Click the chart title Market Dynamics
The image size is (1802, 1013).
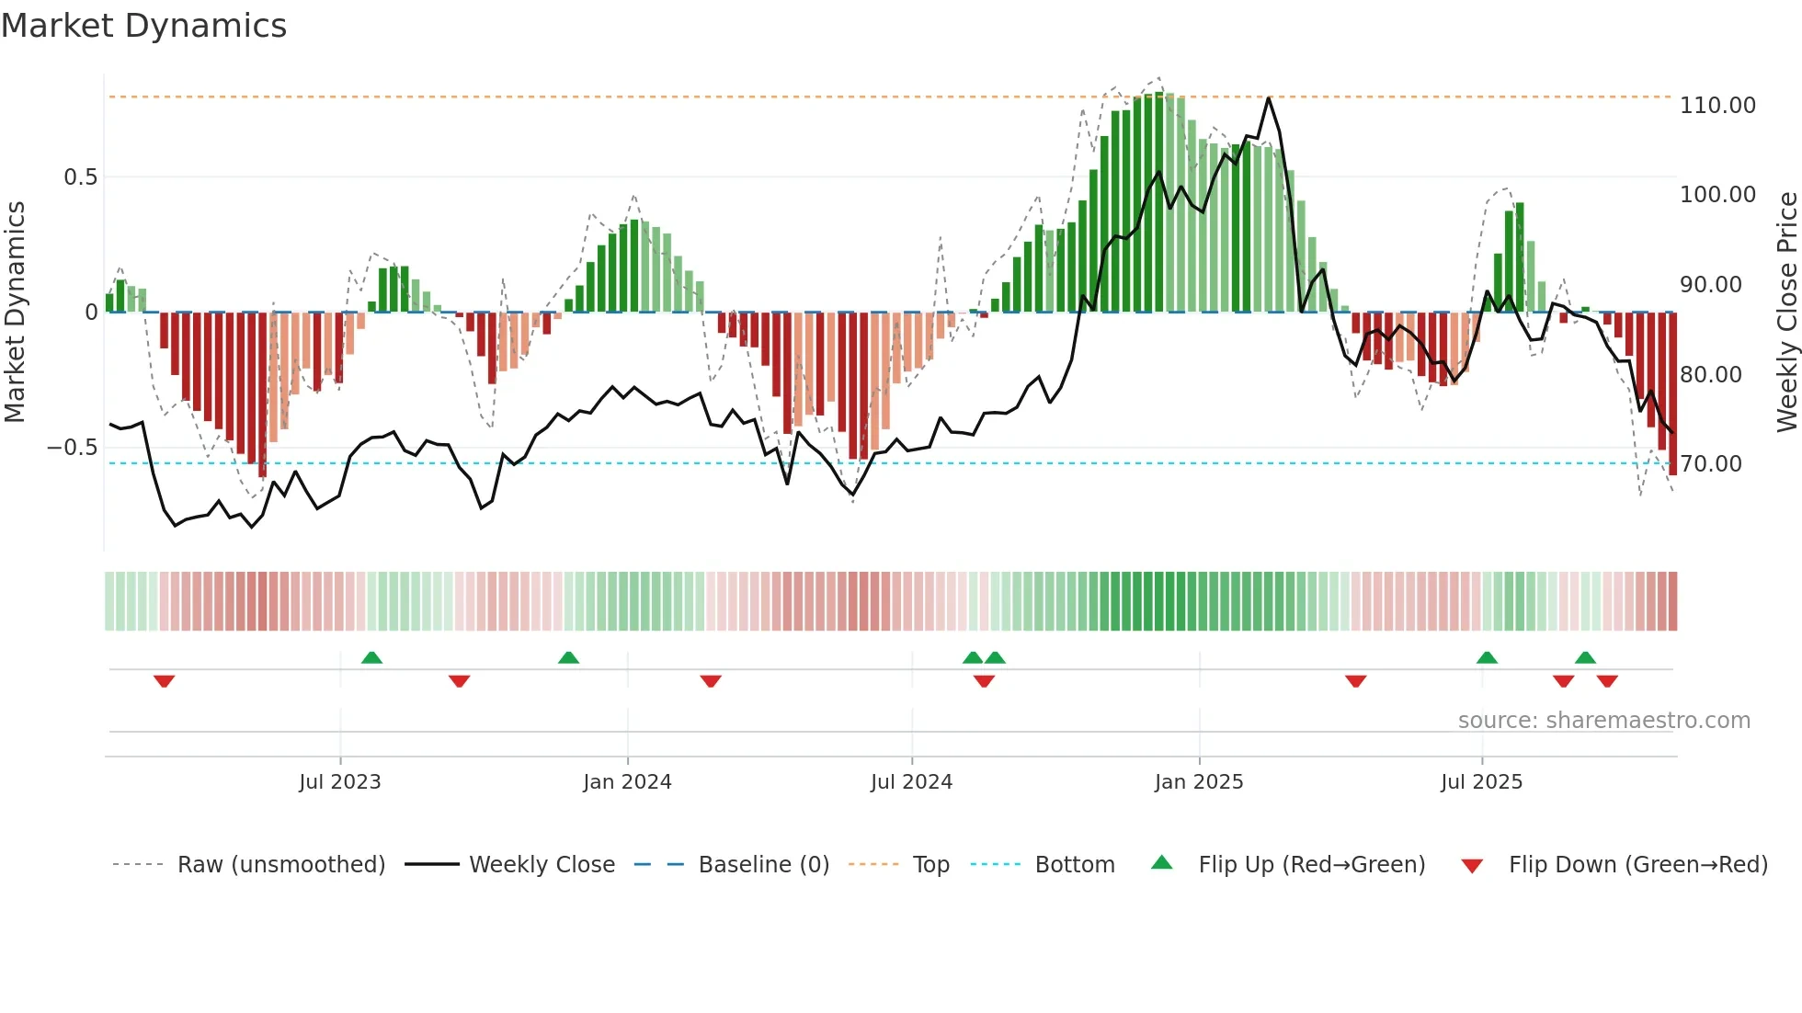(x=143, y=26)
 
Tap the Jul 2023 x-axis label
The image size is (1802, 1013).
(x=339, y=782)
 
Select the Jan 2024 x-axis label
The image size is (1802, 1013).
(x=627, y=782)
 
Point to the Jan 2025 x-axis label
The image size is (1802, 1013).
(x=1199, y=782)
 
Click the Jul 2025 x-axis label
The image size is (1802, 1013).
(x=1481, y=782)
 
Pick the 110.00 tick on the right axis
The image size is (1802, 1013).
(x=1716, y=106)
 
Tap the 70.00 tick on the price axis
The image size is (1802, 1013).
(x=1711, y=464)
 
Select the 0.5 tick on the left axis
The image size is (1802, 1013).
(x=80, y=177)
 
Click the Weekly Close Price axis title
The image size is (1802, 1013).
(x=1786, y=312)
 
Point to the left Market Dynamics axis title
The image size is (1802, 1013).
(x=15, y=312)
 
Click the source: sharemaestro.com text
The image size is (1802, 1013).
(x=1603, y=721)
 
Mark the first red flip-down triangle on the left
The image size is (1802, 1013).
(x=165, y=681)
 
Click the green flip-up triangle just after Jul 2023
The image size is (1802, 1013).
(x=371, y=657)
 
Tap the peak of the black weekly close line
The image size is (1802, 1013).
(x=1269, y=97)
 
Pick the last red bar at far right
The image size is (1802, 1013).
(x=1672, y=395)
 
